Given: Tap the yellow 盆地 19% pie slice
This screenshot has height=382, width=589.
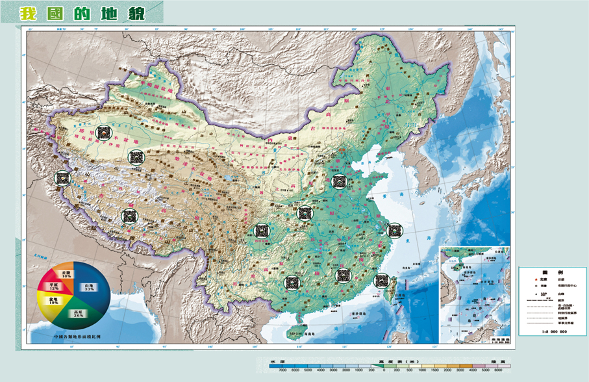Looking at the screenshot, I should (51, 301).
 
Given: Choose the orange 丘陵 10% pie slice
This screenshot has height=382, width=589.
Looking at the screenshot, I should (64, 274).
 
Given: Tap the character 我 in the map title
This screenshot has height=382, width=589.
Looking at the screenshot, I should (28, 14).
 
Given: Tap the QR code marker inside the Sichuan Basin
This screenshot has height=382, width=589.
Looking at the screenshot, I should (262, 230).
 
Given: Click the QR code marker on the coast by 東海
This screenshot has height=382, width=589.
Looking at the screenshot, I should (394, 229).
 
